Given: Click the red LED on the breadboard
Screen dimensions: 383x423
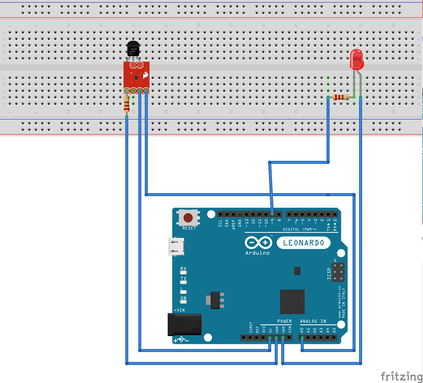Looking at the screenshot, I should pyautogui.click(x=356, y=59).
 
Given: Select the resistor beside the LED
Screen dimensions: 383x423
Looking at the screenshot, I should pyautogui.click(x=341, y=97).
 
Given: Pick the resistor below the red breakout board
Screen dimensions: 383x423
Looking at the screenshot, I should pyautogui.click(x=127, y=104).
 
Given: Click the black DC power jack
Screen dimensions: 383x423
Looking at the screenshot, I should pyautogui.click(x=185, y=325).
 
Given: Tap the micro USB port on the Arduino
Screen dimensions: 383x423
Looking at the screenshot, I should pyautogui.click(x=175, y=246).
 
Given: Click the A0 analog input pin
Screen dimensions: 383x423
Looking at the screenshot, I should pyautogui.click(x=302, y=338).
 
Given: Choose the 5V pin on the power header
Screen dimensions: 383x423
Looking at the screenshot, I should pyautogui.click(x=270, y=338).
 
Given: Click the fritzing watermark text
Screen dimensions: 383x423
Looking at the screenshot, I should pyautogui.click(x=401, y=376).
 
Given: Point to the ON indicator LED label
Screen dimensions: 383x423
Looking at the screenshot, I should pyautogui.click(x=183, y=298).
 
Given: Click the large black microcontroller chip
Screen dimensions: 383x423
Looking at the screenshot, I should pyautogui.click(x=292, y=301).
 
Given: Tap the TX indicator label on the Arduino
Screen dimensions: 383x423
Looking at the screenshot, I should pyautogui.click(x=183, y=279).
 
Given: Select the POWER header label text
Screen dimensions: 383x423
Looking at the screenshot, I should pyautogui.click(x=284, y=321).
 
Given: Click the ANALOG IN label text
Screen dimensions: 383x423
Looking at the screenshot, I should pyautogui.click(x=313, y=321).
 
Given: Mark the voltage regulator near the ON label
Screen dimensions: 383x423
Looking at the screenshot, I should pyautogui.click(x=215, y=300).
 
